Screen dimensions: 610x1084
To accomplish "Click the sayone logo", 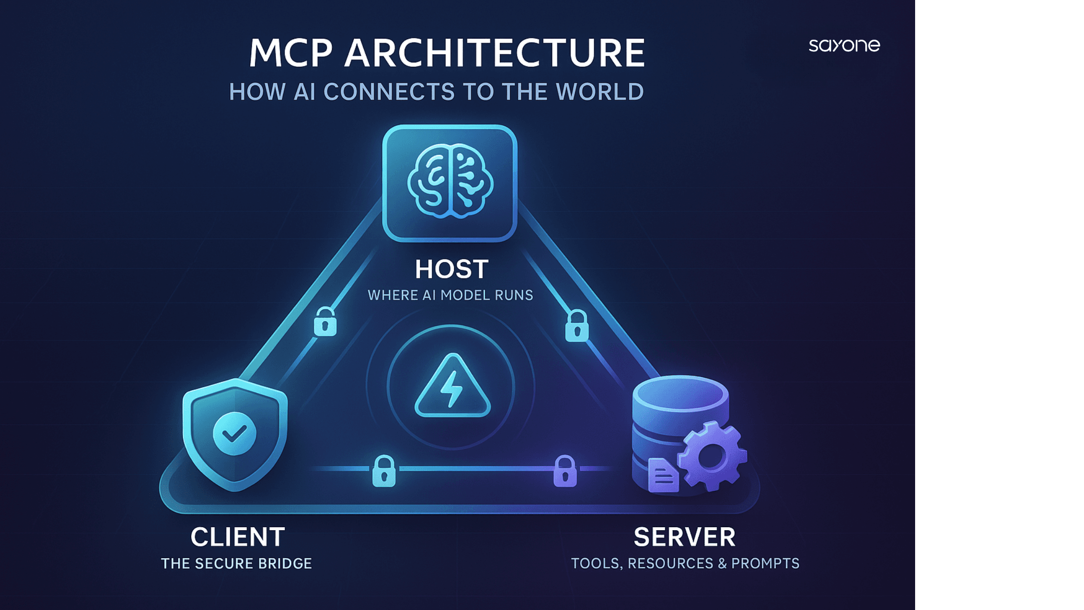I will point(844,46).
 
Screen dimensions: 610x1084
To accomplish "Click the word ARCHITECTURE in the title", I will point(495,53).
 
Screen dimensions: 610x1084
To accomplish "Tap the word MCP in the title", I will point(291,53).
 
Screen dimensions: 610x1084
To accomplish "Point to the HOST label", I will point(452,269).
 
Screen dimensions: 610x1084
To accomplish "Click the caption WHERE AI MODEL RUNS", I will point(450,295).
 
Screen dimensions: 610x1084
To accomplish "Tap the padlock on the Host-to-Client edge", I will point(325,322).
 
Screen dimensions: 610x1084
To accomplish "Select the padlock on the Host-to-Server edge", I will point(577,327).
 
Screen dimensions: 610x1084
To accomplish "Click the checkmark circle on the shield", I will point(235,433).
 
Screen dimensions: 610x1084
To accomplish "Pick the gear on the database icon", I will point(711,456).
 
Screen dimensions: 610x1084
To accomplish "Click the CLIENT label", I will point(238,537).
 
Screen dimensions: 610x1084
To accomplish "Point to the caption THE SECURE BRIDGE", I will point(236,564).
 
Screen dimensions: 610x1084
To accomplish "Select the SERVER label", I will point(684,537).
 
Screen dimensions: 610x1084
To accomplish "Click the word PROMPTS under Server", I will point(765,564).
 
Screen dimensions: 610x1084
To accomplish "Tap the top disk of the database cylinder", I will point(680,392).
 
